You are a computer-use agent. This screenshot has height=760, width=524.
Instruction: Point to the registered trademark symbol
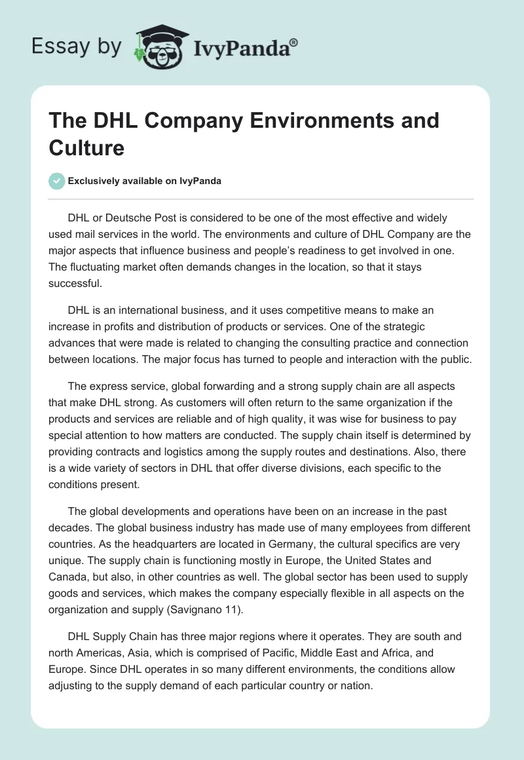point(294,42)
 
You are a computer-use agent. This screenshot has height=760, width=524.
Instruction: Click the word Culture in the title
point(86,147)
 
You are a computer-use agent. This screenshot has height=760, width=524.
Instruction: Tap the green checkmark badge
point(57,181)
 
